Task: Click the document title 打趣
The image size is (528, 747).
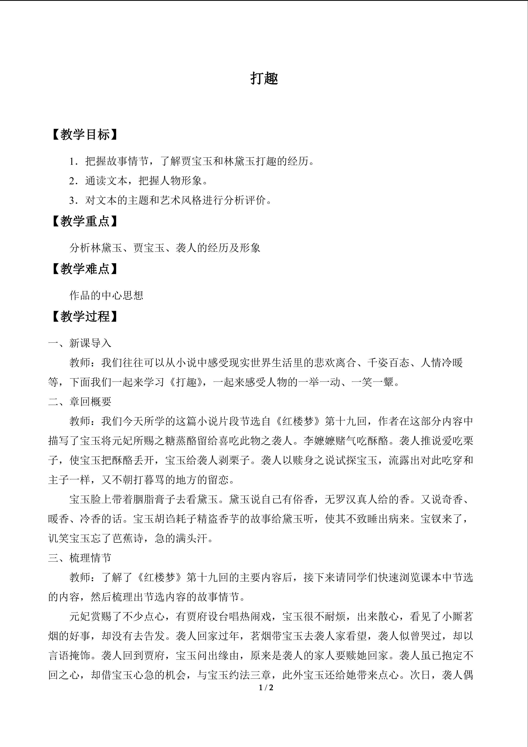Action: [264, 79]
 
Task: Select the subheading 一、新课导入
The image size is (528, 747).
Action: [80, 343]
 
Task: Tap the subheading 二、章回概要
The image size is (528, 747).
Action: [80, 402]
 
